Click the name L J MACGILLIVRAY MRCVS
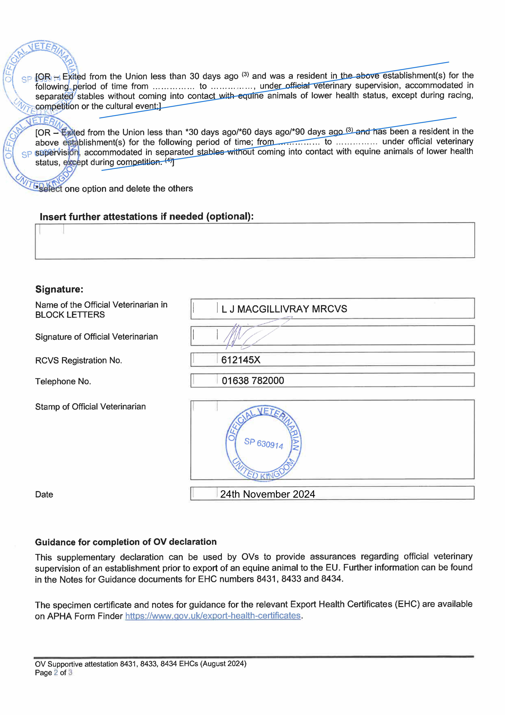[x=284, y=309]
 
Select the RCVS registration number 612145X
[x=241, y=360]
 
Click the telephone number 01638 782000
[x=253, y=381]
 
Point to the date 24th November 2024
[x=268, y=494]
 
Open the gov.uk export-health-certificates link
[x=213, y=616]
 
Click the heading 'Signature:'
[x=59, y=289]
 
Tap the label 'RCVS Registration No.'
[x=78, y=360]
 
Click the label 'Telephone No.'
[x=63, y=382]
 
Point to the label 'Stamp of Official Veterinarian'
[x=90, y=407]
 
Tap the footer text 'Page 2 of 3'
[x=54, y=673]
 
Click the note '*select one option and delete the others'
[x=115, y=189]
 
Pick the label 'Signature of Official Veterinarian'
[x=96, y=337]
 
